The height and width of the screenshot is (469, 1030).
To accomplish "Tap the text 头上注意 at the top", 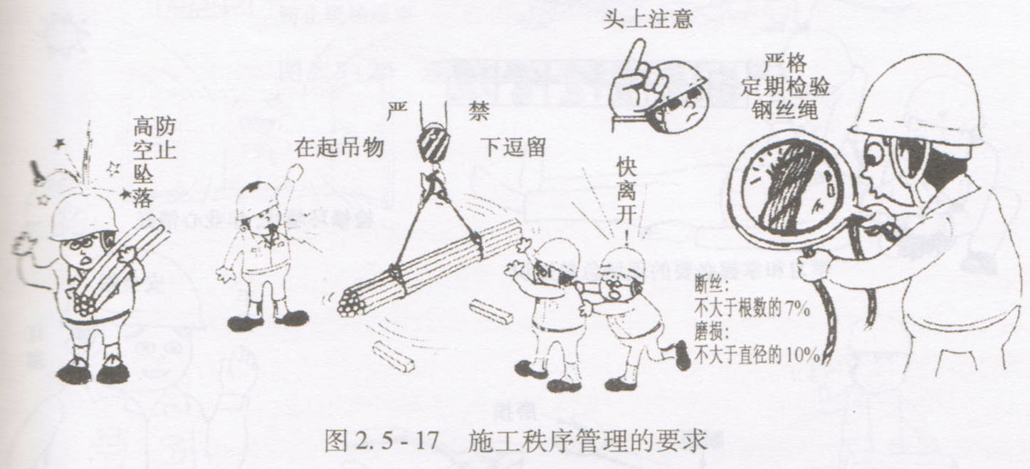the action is [x=648, y=19].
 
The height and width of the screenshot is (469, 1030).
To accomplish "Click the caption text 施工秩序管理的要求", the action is [x=587, y=441].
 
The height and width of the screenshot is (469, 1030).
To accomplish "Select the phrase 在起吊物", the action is [x=339, y=148].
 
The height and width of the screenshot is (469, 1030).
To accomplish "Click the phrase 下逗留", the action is [x=514, y=147].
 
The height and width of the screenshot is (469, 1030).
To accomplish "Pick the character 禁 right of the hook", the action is [x=478, y=111].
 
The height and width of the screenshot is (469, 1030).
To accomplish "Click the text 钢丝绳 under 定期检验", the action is [x=784, y=110].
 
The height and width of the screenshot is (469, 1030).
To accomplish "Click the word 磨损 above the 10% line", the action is [x=711, y=332].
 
